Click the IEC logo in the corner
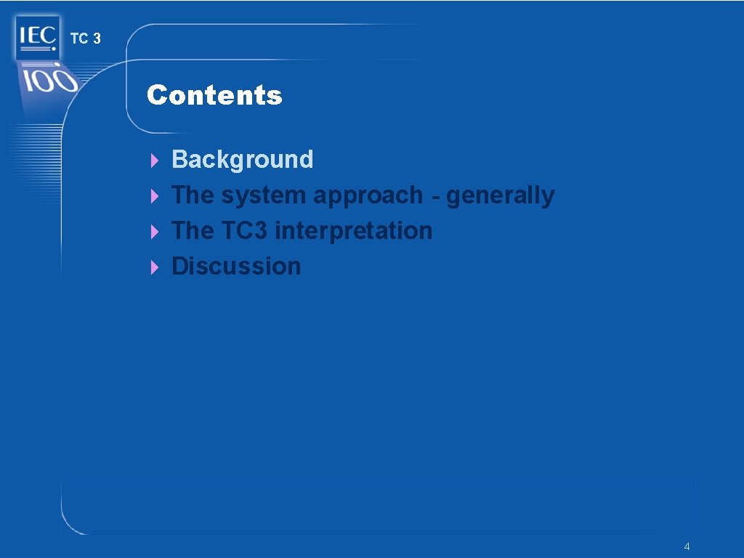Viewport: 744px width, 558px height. (x=36, y=37)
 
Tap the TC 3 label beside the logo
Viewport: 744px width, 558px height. (x=86, y=39)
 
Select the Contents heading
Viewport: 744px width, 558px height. (x=214, y=95)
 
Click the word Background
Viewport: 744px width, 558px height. (x=242, y=159)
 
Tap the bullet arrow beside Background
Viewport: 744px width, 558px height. (x=153, y=160)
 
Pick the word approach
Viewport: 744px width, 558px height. (x=368, y=195)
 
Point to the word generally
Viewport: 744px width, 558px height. (x=500, y=195)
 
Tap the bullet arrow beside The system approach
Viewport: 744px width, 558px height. (x=153, y=195)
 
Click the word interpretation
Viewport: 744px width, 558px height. (x=354, y=231)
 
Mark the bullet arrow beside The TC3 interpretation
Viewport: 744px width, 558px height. (x=153, y=231)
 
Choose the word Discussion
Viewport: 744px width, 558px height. (x=235, y=266)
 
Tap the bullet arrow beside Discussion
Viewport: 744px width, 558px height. (x=153, y=267)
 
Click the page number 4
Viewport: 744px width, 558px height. (x=687, y=546)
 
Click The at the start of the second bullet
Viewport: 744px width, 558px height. (x=193, y=195)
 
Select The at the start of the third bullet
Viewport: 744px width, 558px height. (x=193, y=230)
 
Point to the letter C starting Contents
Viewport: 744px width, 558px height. (x=156, y=95)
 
